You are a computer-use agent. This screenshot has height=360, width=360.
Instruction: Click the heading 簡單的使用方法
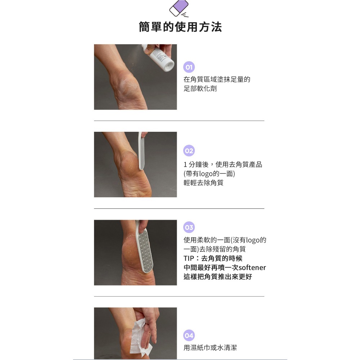click(180, 27)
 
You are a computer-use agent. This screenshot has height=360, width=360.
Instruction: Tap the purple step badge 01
click(189, 67)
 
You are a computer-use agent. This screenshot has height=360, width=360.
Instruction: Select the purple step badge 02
click(189, 151)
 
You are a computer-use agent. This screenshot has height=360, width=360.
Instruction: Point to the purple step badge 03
click(189, 228)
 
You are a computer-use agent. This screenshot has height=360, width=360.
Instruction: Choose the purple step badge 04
click(189, 335)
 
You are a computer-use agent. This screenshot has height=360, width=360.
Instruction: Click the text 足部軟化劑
click(200, 89)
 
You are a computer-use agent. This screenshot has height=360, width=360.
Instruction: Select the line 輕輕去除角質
click(203, 183)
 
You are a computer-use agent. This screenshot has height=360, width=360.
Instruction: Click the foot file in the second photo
click(141, 151)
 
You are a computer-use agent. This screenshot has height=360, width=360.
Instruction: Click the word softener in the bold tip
click(252, 268)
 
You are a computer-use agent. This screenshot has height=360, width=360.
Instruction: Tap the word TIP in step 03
click(189, 258)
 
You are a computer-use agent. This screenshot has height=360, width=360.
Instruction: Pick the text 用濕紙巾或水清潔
click(210, 348)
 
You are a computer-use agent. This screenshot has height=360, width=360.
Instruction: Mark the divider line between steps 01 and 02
click(179, 121)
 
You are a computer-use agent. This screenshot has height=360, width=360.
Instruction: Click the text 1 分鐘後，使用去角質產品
click(222, 165)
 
